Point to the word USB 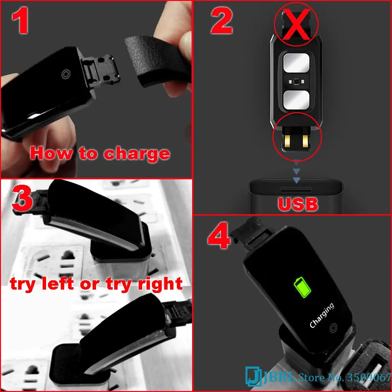tap(297, 203)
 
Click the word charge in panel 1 tap(137, 153)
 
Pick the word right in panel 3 tap(159, 284)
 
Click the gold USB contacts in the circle tap(296, 141)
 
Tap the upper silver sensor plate tap(296, 64)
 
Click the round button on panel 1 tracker tap(65, 74)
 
